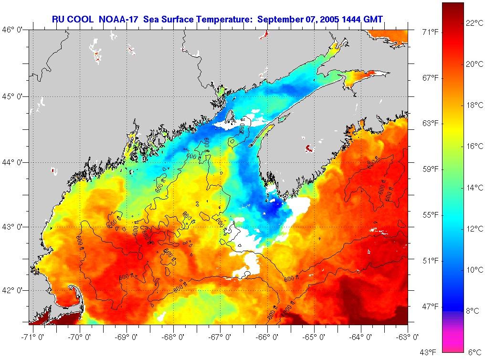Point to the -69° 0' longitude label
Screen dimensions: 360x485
coord(126,337)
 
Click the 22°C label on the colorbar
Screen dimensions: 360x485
coord(474,23)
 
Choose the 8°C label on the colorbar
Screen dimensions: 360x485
coord(473,311)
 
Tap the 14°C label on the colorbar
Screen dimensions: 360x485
coord(474,188)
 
